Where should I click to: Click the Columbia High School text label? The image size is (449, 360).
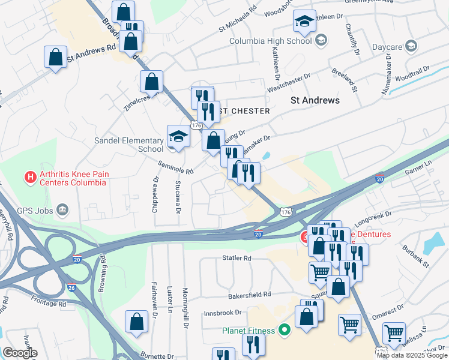(271, 41)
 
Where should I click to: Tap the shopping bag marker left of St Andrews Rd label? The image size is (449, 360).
(55, 58)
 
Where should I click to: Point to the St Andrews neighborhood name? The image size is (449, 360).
(315, 100)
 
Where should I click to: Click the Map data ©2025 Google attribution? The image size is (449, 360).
(412, 355)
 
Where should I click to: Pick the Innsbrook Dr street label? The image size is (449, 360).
(222, 313)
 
